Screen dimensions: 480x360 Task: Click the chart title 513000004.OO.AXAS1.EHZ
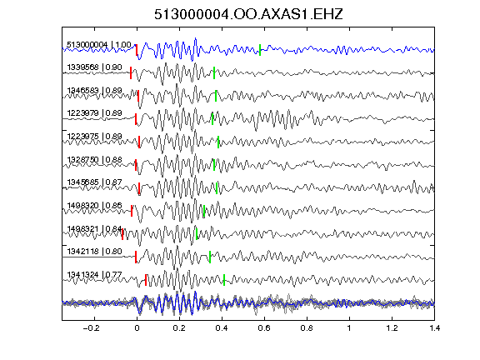248,14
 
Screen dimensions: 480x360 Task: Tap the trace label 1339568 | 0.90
95,67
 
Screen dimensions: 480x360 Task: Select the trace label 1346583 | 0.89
95,91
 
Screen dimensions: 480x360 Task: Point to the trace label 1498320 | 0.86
95,205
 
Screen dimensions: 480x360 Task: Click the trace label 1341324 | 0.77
95,275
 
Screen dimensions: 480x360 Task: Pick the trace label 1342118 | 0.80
95,252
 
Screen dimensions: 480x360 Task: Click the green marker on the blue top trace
260,50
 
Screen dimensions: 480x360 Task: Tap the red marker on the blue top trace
137,50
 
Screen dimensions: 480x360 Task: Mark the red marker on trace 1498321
122,234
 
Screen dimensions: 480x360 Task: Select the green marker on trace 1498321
197,234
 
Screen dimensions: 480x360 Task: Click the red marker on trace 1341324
146,280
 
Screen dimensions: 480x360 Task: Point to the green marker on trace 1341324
224,280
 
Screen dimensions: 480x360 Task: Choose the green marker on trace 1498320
204,211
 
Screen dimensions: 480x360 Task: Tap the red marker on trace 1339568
131,72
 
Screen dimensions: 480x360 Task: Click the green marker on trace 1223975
218,142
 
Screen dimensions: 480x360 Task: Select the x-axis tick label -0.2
92,328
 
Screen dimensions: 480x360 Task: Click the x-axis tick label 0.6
264,328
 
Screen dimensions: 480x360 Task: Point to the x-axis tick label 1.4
434,328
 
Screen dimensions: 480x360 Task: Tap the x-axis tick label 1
349,328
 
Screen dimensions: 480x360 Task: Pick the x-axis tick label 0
137,328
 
